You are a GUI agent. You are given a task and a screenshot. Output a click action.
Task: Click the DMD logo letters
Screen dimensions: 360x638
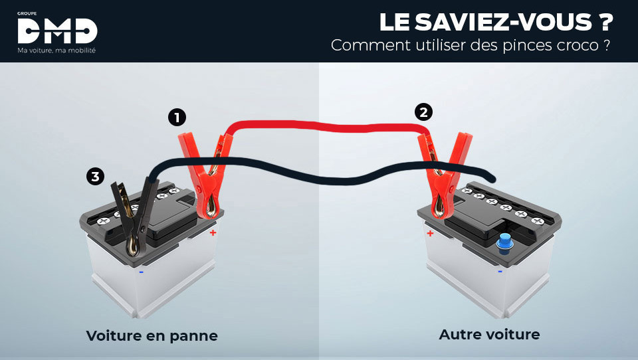tap(57, 31)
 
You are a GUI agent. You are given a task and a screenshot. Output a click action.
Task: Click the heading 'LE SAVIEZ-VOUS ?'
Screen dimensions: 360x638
tap(496, 22)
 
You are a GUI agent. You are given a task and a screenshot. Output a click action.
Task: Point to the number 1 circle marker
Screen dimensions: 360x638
tap(176, 118)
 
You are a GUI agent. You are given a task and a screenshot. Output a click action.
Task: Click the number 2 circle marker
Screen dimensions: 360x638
tap(423, 112)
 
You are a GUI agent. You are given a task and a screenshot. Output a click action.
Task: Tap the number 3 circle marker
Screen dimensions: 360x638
tap(96, 176)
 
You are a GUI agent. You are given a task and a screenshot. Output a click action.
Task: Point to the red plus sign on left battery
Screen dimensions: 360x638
tap(213, 232)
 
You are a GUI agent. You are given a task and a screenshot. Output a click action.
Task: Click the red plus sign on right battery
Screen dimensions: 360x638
tap(431, 233)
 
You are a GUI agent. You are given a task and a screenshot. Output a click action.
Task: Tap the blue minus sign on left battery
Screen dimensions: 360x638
tap(142, 271)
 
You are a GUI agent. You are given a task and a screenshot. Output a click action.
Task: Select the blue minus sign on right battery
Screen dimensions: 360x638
tap(500, 270)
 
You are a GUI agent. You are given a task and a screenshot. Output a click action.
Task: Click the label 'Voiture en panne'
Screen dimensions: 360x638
tap(152, 336)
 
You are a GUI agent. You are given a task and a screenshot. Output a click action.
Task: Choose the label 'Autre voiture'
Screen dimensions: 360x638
tap(489, 334)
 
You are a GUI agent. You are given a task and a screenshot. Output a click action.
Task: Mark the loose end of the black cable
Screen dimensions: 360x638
tap(492, 178)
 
